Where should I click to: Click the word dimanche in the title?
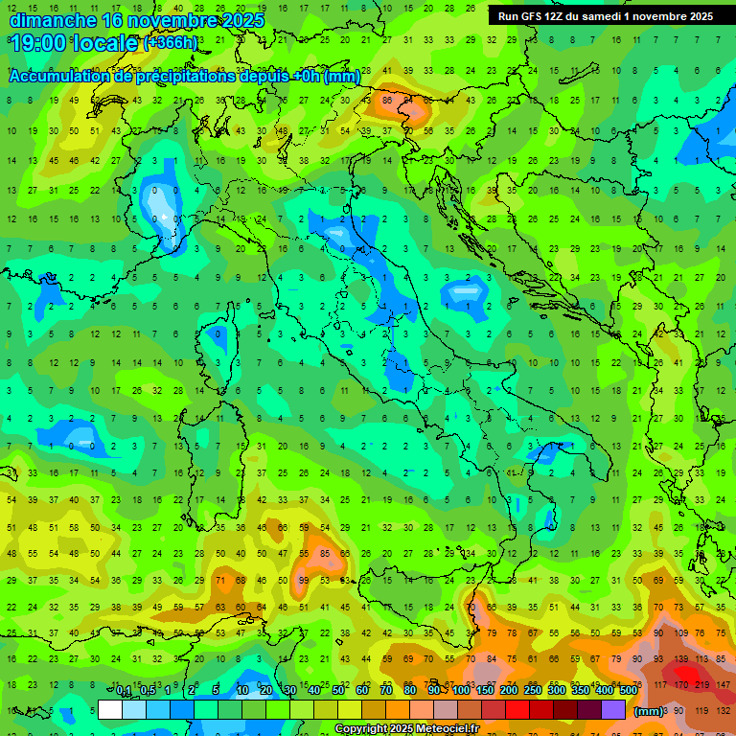[x=53, y=19]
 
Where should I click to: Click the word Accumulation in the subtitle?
[x=62, y=77]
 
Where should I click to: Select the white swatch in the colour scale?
[x=110, y=710]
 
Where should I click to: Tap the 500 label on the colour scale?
[x=628, y=690]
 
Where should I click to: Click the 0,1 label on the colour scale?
[x=124, y=690]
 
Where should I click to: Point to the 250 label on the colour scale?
[x=532, y=690]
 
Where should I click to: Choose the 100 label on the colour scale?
[x=461, y=690]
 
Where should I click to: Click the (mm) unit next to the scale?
[x=649, y=711]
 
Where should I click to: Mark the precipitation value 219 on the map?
[x=702, y=683]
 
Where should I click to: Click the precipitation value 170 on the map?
[x=680, y=683]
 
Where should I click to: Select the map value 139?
[x=680, y=661]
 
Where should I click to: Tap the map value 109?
[x=680, y=633]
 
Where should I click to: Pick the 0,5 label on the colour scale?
[x=148, y=690]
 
